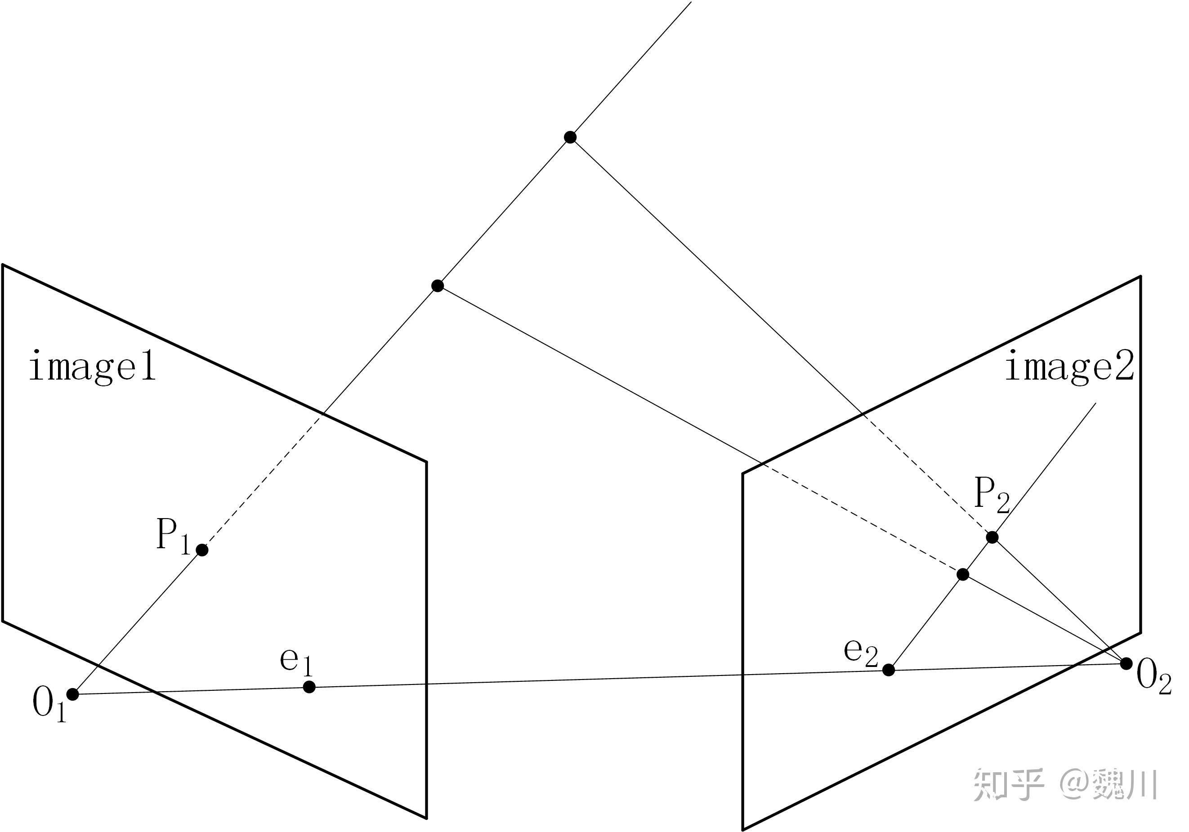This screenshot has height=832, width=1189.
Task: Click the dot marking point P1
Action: (202, 550)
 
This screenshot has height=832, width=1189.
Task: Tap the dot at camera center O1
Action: (73, 694)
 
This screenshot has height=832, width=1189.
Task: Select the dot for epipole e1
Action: (309, 687)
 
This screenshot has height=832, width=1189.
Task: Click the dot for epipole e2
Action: (889, 670)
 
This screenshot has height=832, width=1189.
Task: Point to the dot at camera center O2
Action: (1126, 663)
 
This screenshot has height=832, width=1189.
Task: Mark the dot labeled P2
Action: (992, 537)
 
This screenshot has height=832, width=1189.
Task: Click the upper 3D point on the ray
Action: (570, 137)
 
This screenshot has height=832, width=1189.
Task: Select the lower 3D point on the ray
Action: (438, 285)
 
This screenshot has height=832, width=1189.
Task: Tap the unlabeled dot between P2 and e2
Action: (963, 575)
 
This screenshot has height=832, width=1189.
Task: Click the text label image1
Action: (92, 367)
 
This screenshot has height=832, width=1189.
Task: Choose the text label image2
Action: (1070, 367)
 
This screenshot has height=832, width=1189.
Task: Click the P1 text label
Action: (174, 537)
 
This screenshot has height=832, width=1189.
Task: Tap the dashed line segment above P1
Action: (264, 482)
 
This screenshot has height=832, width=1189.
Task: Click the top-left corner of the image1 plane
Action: (3, 265)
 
